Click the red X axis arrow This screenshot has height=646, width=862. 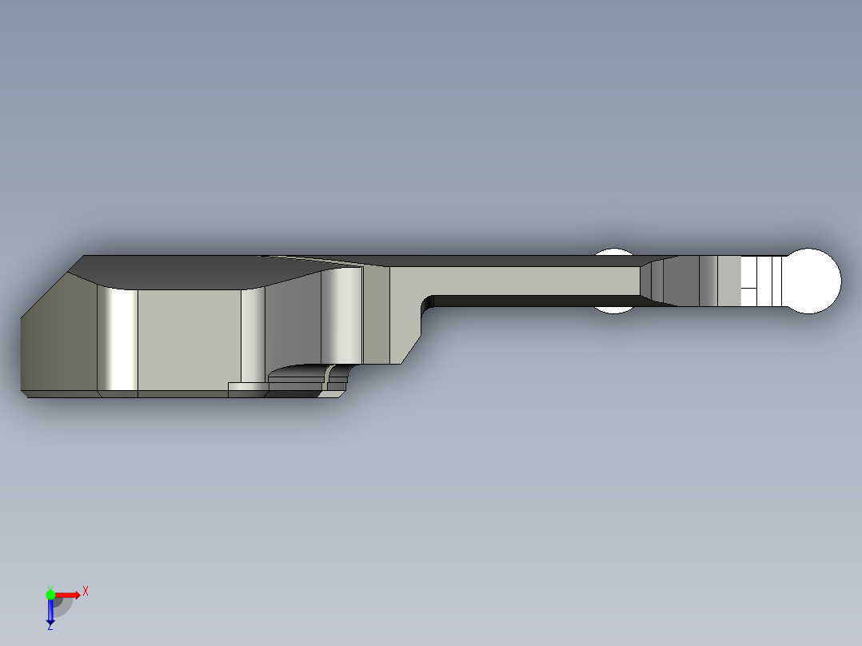coord(67,594)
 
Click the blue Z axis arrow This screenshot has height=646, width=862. coord(50,612)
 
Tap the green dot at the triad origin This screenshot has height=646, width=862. coord(50,594)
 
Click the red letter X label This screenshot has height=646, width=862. coord(85,592)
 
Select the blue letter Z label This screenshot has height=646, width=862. coord(50,627)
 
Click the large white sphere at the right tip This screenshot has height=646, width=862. coord(812,281)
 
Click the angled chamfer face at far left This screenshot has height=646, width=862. coord(56,336)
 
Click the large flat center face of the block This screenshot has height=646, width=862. coord(189,339)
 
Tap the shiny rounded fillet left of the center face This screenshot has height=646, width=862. coord(117,339)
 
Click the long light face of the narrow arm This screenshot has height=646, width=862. coord(528,280)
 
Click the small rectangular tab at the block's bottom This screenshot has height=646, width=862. coord(246,389)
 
